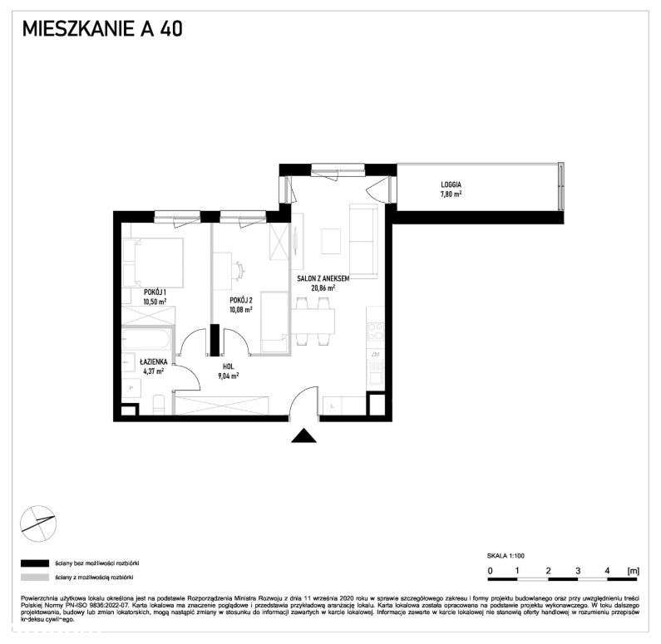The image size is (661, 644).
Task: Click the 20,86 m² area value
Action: click(x=323, y=288)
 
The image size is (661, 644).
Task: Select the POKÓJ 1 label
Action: click(x=154, y=292)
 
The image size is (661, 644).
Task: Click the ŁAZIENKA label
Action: click(x=154, y=361)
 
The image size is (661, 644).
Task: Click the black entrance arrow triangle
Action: click(x=305, y=435)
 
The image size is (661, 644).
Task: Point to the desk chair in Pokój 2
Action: click(x=239, y=270)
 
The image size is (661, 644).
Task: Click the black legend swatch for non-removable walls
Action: click(x=35, y=562)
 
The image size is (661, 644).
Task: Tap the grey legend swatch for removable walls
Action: click(x=35, y=577)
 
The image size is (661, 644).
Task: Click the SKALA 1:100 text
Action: click(x=506, y=555)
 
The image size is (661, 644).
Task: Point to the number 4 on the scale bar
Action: click(x=608, y=571)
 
